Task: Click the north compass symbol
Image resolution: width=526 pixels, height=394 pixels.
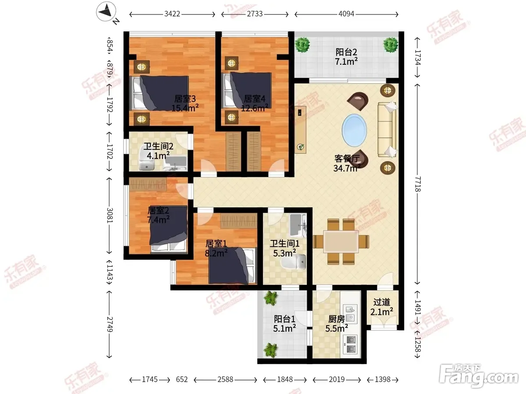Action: click(107, 11)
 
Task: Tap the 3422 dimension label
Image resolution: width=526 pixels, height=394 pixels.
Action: click(172, 14)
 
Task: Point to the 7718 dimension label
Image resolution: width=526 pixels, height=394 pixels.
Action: click(418, 184)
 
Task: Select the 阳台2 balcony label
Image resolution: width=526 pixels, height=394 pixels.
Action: click(346, 52)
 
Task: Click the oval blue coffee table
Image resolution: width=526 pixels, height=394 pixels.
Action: click(354, 130)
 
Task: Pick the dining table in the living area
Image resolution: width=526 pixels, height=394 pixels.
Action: click(341, 242)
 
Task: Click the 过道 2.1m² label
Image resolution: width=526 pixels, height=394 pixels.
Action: click(382, 307)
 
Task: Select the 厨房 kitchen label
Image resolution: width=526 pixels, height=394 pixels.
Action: click(337, 319)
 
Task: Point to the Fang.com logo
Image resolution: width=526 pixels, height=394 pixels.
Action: click(479, 376)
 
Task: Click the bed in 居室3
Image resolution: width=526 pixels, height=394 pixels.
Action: click(159, 93)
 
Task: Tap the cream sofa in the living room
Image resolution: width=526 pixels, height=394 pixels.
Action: click(387, 130)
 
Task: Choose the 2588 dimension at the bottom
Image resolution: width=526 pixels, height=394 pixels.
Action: click(225, 380)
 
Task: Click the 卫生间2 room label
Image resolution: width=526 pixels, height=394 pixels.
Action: click(158, 146)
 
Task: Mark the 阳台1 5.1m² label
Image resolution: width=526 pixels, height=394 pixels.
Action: click(284, 324)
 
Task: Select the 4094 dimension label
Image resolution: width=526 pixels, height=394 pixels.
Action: click(346, 14)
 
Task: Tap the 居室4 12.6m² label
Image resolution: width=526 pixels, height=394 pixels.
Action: click(255, 103)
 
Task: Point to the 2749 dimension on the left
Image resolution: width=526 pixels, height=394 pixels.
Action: click(110, 324)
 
